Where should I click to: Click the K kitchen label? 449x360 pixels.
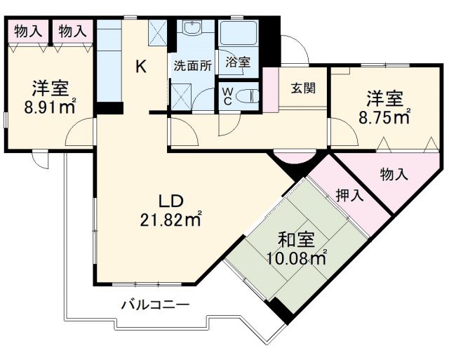pos(141,67)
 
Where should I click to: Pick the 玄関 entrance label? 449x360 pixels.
pos(304,88)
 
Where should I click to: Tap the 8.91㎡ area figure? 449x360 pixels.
pos(50,109)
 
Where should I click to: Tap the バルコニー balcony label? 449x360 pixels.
pos(154,305)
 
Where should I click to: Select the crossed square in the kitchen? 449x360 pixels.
pos(158,31)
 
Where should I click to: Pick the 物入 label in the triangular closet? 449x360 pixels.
pos(393,175)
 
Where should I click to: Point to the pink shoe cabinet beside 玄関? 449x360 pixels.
pos(270,89)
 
